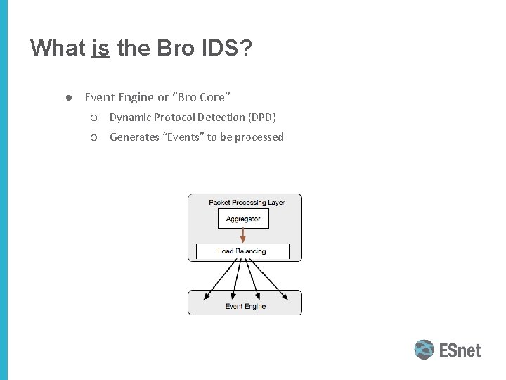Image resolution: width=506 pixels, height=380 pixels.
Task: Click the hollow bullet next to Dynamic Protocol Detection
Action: tap(94, 117)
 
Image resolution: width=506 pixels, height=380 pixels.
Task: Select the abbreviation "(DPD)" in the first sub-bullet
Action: tap(261, 117)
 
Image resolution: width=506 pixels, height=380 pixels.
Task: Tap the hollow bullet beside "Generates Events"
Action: tap(94, 137)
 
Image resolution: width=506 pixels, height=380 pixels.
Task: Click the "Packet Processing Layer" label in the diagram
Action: tap(246, 203)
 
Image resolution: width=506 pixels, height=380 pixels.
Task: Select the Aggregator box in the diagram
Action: tap(243, 219)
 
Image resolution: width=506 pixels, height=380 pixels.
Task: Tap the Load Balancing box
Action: tap(242, 251)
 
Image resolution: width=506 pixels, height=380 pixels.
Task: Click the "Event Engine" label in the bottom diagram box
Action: tap(245, 307)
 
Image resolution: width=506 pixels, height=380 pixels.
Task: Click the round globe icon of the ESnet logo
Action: tap(424, 350)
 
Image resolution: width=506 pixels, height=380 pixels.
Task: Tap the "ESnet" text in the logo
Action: tap(460, 350)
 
